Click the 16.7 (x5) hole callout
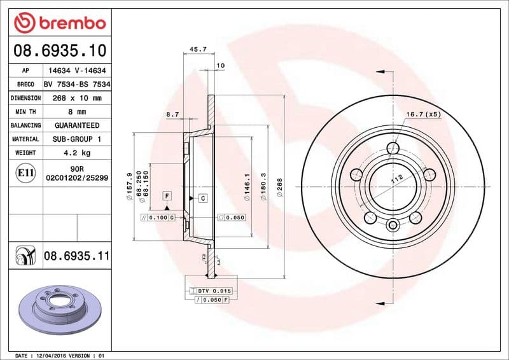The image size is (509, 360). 423,114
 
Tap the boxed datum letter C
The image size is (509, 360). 203,198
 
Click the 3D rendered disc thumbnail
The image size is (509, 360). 55,305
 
